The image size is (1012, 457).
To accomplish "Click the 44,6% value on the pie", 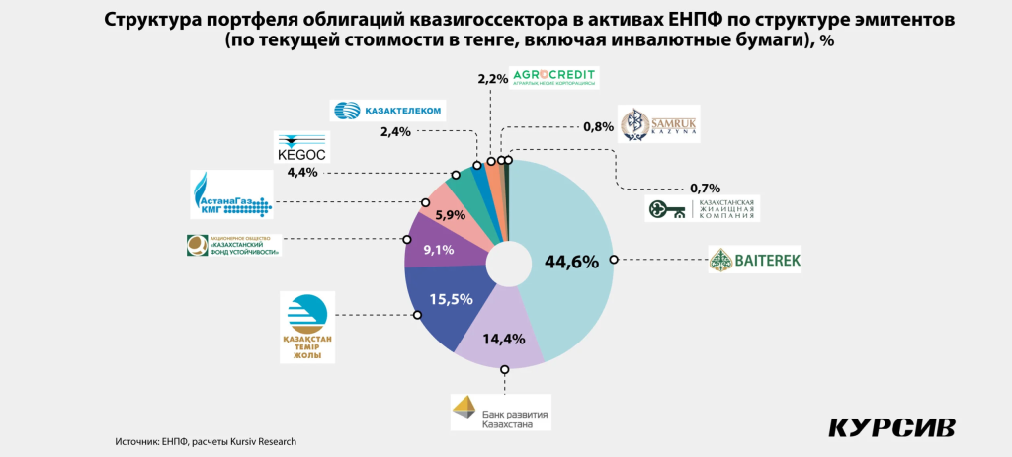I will pos(572,262).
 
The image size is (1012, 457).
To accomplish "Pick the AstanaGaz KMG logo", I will pos(231,193).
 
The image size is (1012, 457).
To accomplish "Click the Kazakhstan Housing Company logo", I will pos(703,208).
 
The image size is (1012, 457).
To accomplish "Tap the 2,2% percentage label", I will pos(491,78).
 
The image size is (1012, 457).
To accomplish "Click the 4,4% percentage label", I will pos(302,172).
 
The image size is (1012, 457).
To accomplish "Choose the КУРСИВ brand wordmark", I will pos(891,427).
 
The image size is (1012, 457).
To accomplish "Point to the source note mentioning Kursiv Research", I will pos(206,441).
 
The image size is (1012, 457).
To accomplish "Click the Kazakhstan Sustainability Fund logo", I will pos(234,246).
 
